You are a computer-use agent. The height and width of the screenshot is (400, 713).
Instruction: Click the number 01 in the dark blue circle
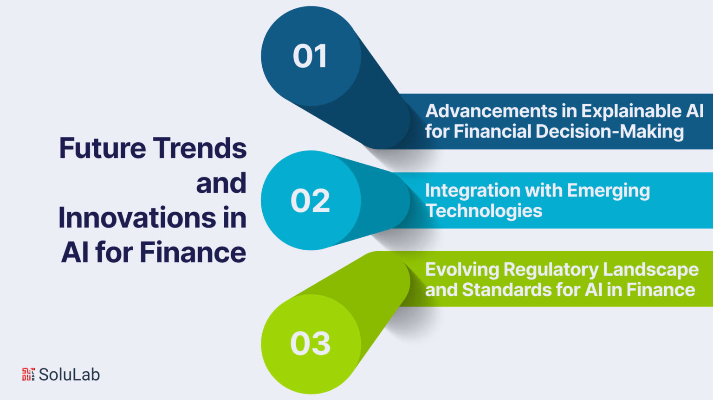pos(310,56)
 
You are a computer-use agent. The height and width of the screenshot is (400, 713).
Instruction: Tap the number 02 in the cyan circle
pos(311,201)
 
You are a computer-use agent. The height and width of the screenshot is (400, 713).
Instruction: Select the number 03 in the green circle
pos(311,343)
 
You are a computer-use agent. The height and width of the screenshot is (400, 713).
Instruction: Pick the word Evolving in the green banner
pos(462,270)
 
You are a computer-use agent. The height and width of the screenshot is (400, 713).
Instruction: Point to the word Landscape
pos(651,270)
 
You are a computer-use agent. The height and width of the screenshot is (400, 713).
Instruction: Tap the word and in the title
pos(221,183)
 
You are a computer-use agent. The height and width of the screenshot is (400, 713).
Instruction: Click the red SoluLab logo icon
pos(28,374)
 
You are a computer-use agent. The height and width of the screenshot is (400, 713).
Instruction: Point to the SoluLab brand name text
pos(69,375)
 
